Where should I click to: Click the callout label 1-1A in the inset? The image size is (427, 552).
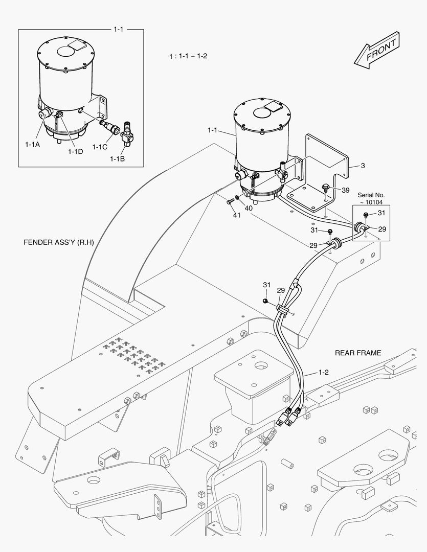(32, 145)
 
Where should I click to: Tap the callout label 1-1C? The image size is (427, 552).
(100, 147)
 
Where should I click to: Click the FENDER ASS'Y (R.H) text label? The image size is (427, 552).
(59, 242)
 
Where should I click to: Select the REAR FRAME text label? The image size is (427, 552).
(358, 353)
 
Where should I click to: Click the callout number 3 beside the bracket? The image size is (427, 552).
(363, 165)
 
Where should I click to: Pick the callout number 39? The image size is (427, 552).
(345, 190)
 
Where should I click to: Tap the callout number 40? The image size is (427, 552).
(248, 208)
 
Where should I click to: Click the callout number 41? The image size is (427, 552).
(236, 215)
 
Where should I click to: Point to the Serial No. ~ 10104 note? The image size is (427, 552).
(371, 198)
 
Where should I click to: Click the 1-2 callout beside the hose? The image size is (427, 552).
(323, 373)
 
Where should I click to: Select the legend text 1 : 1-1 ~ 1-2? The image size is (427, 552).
(188, 56)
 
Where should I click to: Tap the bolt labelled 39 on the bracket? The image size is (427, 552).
(325, 188)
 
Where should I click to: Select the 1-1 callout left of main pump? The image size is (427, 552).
(213, 131)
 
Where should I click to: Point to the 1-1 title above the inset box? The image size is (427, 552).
(118, 29)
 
